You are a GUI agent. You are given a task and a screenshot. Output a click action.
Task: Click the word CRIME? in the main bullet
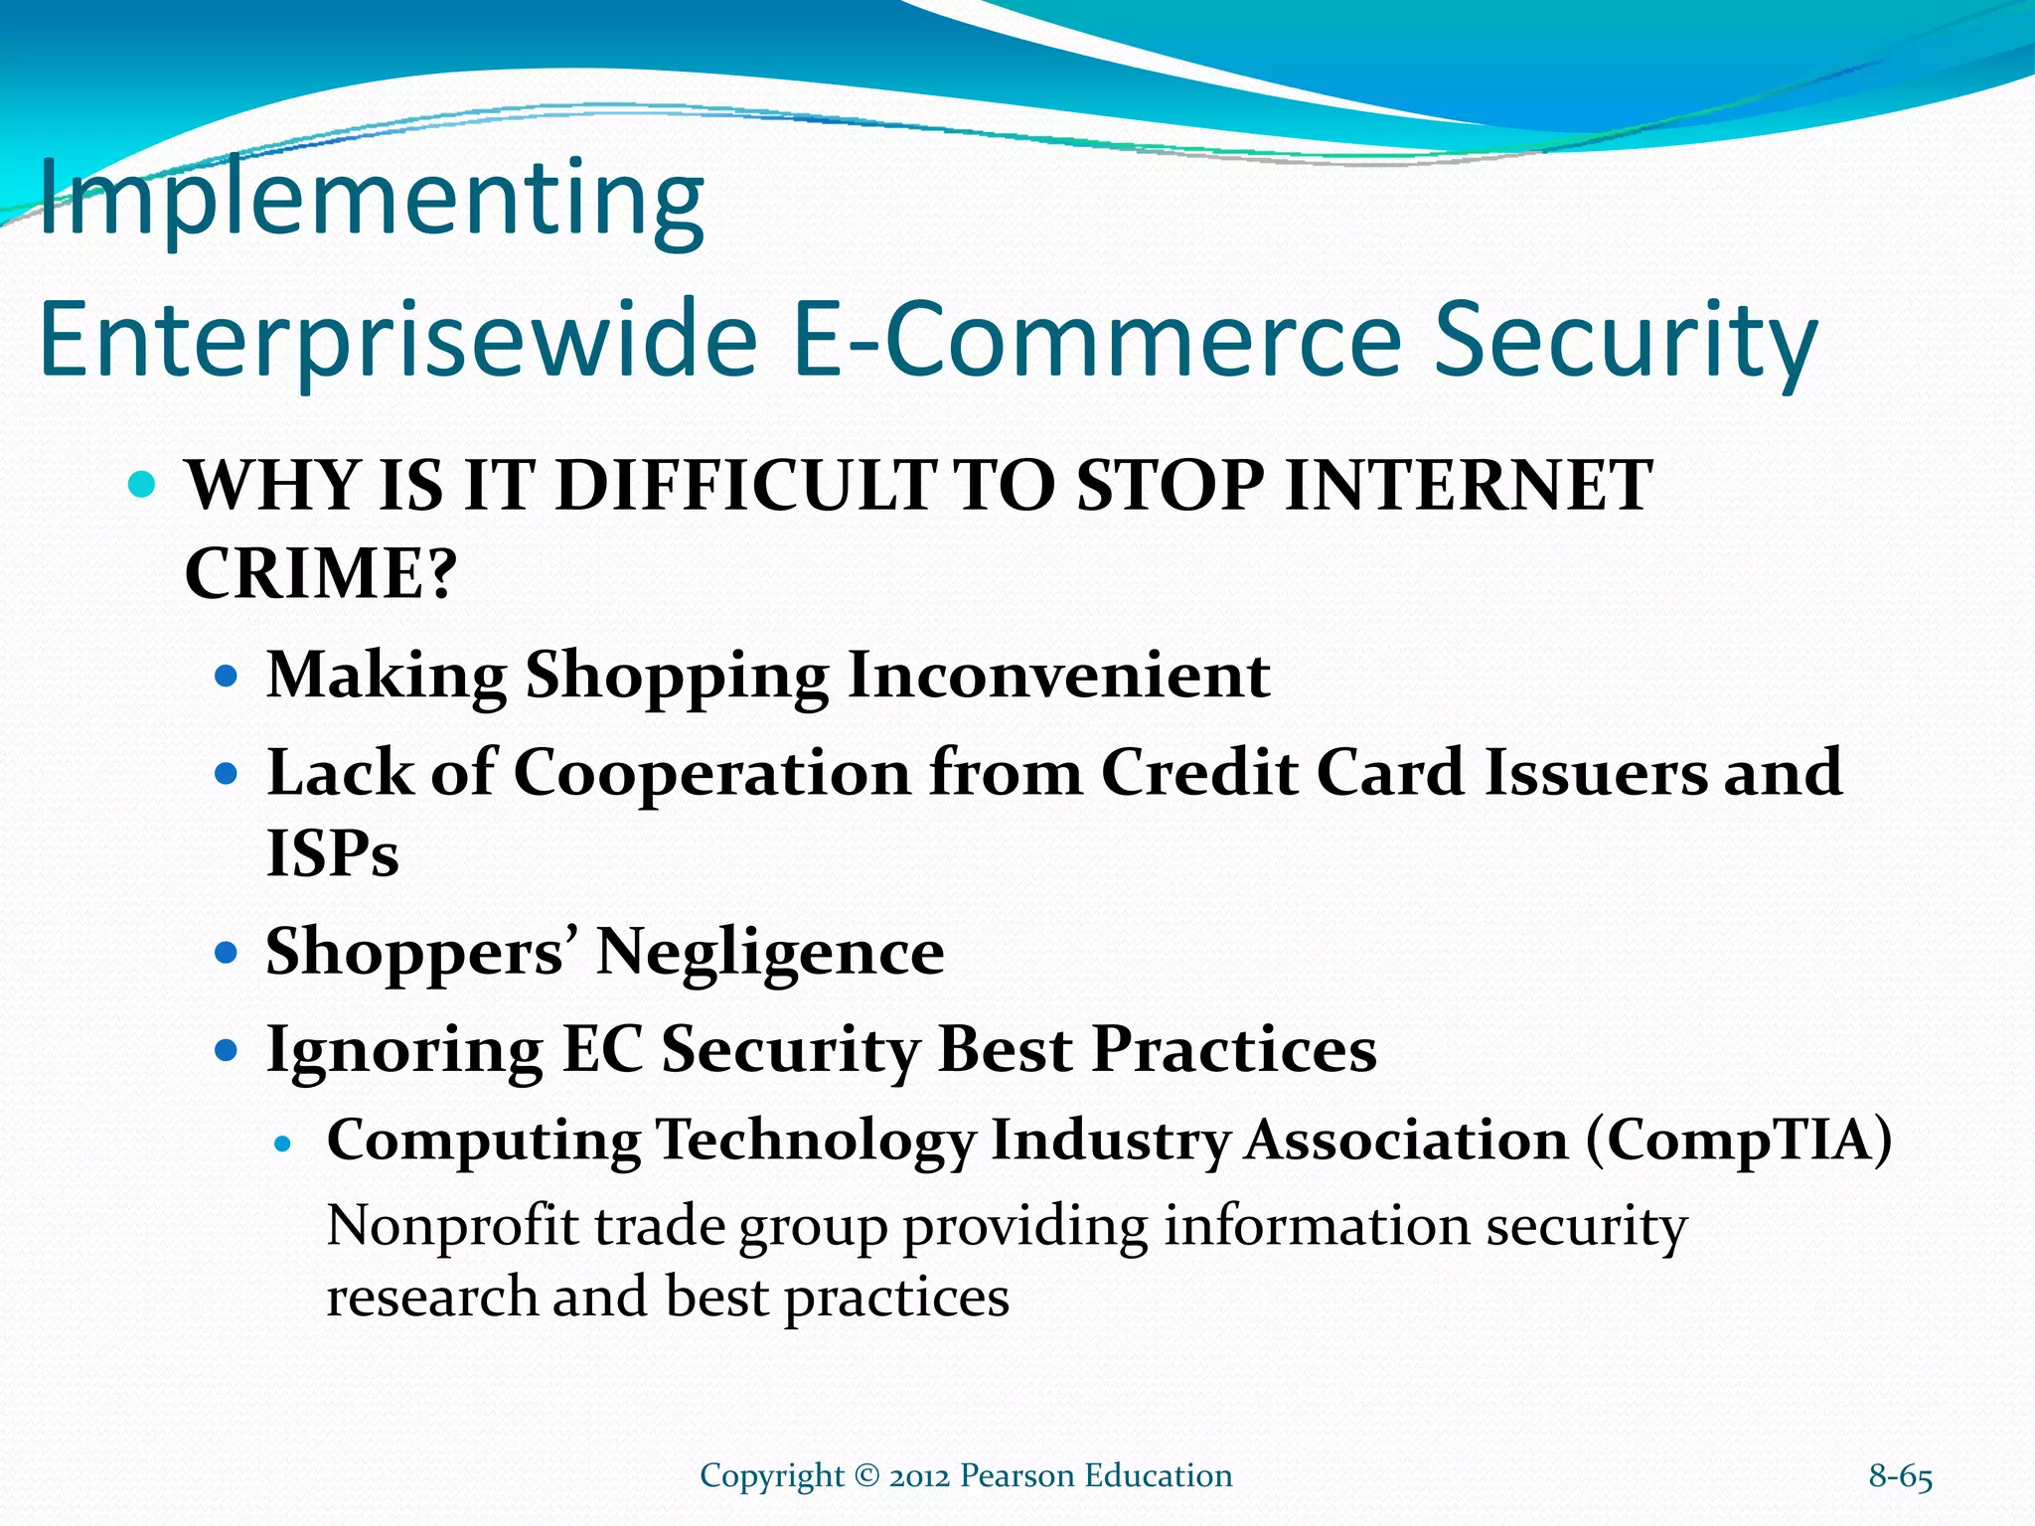[320, 573]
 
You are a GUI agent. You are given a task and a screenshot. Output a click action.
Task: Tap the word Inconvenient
[1059, 676]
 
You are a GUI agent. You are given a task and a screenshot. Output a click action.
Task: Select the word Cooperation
[711, 772]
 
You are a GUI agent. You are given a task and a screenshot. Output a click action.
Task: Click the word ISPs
[332, 853]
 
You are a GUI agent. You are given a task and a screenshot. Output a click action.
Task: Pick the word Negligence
[770, 952]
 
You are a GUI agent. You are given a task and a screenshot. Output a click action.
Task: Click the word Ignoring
[404, 1050]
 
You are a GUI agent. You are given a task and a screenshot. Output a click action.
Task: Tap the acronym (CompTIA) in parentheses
[1739, 1140]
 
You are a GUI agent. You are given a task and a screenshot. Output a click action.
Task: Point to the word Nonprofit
[452, 1226]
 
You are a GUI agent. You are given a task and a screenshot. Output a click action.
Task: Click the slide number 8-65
[1900, 1476]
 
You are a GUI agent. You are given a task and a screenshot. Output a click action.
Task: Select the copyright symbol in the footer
[866, 1476]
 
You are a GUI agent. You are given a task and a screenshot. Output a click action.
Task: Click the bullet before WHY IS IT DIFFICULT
[143, 486]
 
